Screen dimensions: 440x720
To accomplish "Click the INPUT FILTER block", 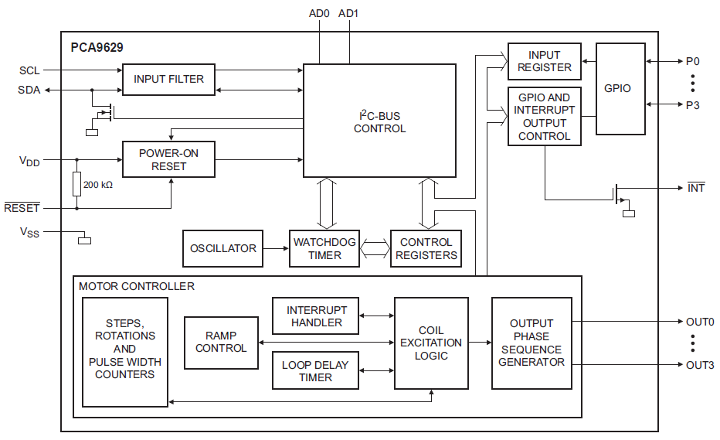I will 168,80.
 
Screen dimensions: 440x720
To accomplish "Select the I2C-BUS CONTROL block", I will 379,122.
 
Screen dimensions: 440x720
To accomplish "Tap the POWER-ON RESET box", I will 168,160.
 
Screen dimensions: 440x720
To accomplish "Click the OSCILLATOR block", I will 222,249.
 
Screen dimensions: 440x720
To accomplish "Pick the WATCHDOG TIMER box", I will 324,249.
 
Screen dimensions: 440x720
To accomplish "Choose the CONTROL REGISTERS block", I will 426,249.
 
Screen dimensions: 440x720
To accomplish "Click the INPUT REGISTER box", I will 544,62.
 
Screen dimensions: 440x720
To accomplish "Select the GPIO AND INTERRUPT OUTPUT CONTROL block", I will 544,117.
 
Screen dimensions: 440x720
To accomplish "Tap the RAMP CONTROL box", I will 221,343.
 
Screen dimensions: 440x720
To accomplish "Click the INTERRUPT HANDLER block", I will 315,316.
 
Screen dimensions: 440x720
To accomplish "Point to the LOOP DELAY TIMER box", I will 315,371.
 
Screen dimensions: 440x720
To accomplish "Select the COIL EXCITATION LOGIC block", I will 431,343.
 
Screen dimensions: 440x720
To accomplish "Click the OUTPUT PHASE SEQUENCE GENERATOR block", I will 532,343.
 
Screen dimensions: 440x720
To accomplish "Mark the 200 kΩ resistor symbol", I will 77,184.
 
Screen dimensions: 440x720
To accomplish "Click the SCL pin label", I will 29,70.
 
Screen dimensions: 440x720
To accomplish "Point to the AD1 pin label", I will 348,13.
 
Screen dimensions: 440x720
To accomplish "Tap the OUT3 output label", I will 700,365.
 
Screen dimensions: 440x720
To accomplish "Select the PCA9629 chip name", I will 97,47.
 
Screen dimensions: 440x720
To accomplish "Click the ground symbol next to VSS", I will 84,240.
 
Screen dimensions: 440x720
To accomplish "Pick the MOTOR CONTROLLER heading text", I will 137,286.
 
